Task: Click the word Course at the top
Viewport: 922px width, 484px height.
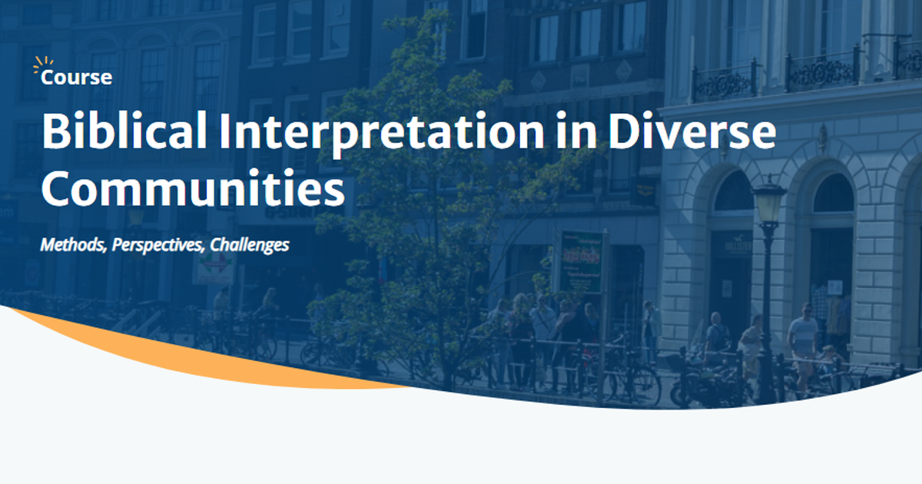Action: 76,78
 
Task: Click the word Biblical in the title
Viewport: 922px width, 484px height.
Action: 124,132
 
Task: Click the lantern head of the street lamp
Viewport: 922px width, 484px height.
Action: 768,201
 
